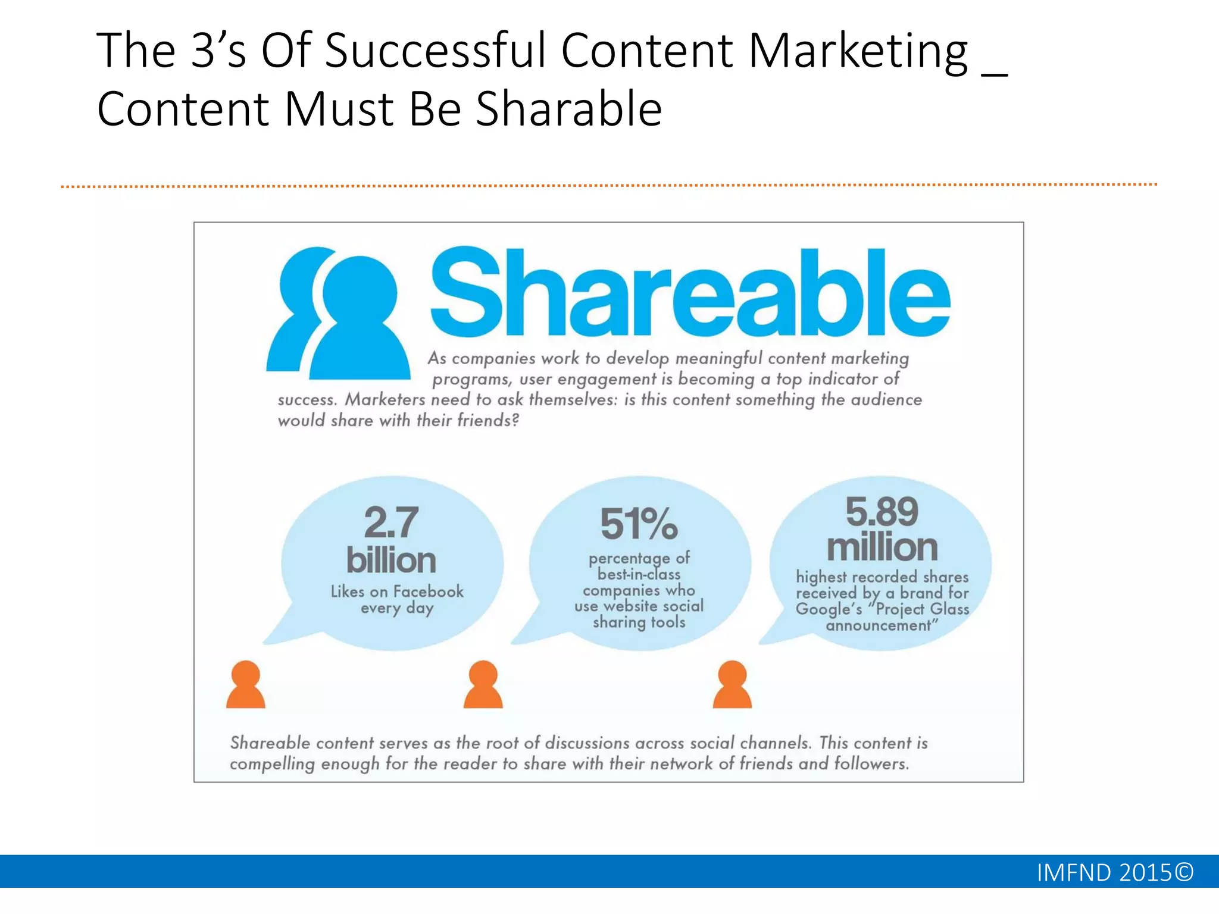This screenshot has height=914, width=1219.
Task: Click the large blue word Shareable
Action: [690, 293]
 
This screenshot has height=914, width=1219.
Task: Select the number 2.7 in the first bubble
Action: [391, 522]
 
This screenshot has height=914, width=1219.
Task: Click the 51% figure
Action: [639, 524]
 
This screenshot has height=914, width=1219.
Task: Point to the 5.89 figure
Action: [882, 511]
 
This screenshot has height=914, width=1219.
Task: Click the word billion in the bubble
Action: [391, 561]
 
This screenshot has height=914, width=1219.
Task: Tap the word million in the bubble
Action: [882, 547]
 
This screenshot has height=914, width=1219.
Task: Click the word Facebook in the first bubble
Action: [428, 591]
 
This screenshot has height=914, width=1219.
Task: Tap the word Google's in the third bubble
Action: [829, 609]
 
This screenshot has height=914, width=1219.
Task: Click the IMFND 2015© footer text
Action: [1115, 872]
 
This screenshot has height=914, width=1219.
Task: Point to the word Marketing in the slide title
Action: [858, 51]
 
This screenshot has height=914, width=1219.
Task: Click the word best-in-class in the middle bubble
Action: [639, 574]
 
